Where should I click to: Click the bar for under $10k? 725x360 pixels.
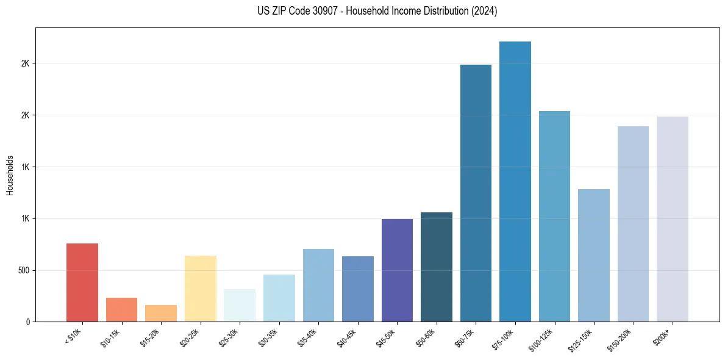(82, 283)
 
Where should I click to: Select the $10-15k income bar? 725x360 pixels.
(121, 309)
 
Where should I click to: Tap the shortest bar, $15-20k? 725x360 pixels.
(161, 313)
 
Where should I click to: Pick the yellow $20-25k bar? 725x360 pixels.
(200, 289)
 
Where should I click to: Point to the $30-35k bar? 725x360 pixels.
(279, 298)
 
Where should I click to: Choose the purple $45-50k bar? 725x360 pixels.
(397, 270)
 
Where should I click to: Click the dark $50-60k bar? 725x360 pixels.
(436, 267)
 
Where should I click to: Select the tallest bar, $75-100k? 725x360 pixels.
(515, 181)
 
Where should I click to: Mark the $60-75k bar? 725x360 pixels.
(476, 193)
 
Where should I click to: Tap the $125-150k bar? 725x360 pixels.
(593, 255)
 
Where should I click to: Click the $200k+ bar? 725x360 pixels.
(672, 219)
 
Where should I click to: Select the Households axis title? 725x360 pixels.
(10, 175)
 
